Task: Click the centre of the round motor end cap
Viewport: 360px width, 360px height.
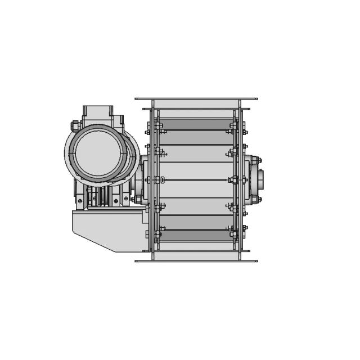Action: coord(97,152)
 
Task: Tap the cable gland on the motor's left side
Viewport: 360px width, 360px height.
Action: coord(74,125)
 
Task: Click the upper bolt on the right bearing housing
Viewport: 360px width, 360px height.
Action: coord(254,160)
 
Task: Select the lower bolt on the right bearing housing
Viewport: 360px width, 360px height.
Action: coord(254,199)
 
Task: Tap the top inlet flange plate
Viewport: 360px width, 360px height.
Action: coord(196,99)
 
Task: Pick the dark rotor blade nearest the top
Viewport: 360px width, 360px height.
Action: coord(196,124)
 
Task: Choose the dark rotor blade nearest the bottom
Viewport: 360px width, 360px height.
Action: coord(196,235)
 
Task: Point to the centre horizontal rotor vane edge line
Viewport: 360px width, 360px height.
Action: coord(196,179)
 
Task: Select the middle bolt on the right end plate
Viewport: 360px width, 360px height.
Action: coord(234,179)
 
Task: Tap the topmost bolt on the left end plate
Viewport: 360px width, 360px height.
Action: coord(157,125)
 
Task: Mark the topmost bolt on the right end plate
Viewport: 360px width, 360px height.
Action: coord(234,125)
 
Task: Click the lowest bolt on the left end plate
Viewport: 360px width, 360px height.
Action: coord(157,233)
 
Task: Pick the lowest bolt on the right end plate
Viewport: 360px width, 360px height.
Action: coord(234,233)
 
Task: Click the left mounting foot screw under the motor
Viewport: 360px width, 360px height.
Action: coord(80,201)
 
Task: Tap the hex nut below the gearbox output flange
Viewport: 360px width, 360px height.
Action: coord(138,199)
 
